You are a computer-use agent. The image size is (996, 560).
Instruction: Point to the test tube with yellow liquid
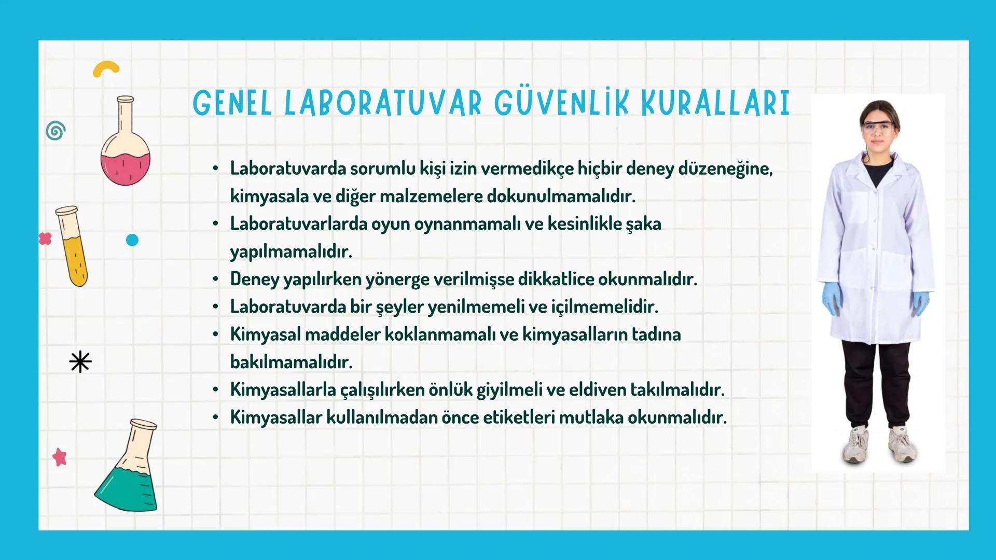pyautogui.click(x=73, y=246)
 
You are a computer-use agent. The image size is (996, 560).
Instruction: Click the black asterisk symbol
pyautogui.click(x=80, y=362)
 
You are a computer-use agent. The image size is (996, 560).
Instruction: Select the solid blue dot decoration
pyautogui.click(x=132, y=240)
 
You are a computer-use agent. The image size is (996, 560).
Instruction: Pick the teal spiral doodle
pyautogui.click(x=56, y=131)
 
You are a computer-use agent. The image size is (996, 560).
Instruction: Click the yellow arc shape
pyautogui.click(x=106, y=69)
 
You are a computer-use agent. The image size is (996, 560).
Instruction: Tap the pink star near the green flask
pyautogui.click(x=60, y=457)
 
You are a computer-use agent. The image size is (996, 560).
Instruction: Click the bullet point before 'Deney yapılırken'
pyautogui.click(x=215, y=279)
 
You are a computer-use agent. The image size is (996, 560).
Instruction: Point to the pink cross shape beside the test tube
pyautogui.click(x=45, y=239)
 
